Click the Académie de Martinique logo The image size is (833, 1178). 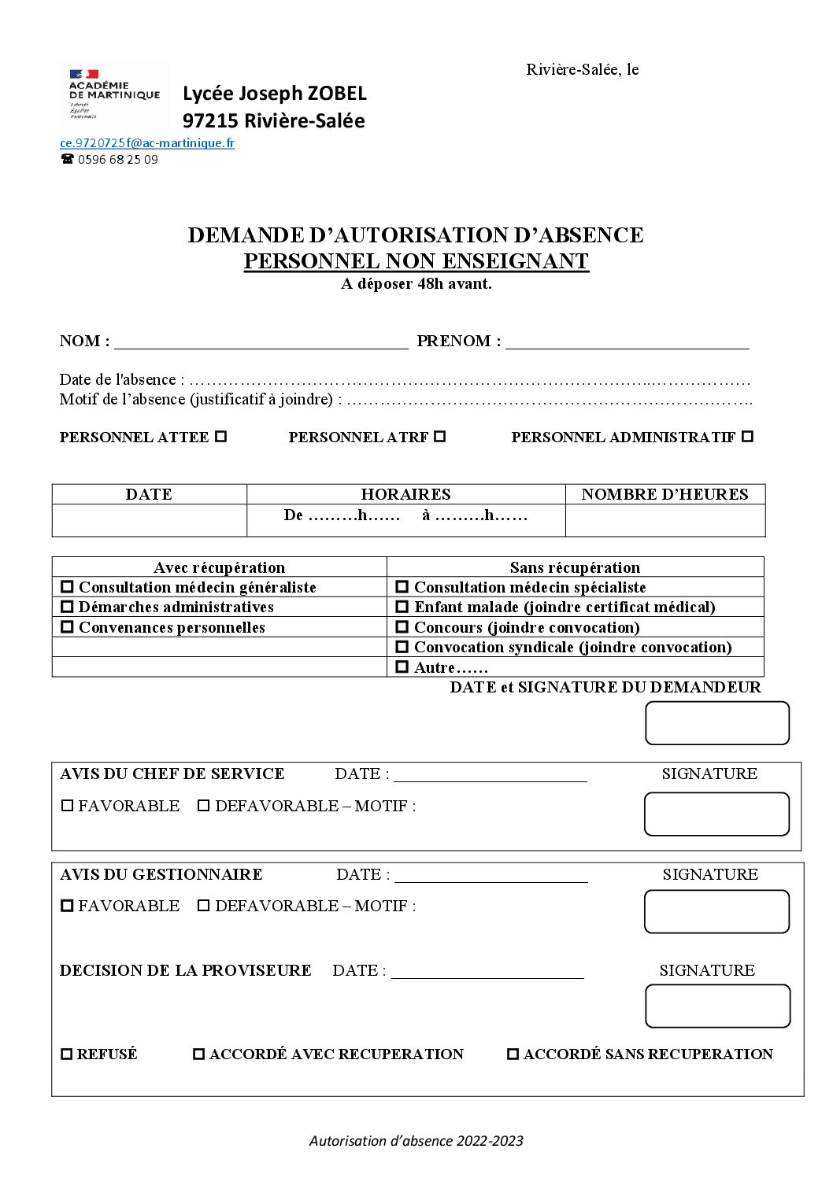[113, 94]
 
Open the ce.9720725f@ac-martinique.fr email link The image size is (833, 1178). [147, 143]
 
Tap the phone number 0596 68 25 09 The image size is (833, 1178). [117, 160]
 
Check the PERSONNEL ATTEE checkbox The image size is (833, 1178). [221, 436]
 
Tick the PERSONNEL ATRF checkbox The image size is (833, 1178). [440, 436]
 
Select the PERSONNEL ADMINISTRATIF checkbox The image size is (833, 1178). [747, 436]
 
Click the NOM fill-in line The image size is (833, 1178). [261, 342]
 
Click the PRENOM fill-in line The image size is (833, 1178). [627, 342]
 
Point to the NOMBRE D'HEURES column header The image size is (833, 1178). [665, 494]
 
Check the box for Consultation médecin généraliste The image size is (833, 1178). [67, 587]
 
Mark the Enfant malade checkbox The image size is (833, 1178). [402, 607]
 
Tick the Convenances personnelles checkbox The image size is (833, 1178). [67, 627]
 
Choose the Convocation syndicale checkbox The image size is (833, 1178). [402, 647]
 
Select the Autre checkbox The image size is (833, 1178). [402, 667]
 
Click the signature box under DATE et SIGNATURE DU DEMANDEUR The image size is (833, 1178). [716, 723]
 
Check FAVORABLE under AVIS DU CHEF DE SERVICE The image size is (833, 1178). [67, 806]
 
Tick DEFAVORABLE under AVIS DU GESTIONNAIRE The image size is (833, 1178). [203, 906]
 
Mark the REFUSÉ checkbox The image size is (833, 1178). [67, 1054]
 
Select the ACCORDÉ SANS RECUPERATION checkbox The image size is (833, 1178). [513, 1054]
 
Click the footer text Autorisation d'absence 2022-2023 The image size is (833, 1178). [416, 1141]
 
